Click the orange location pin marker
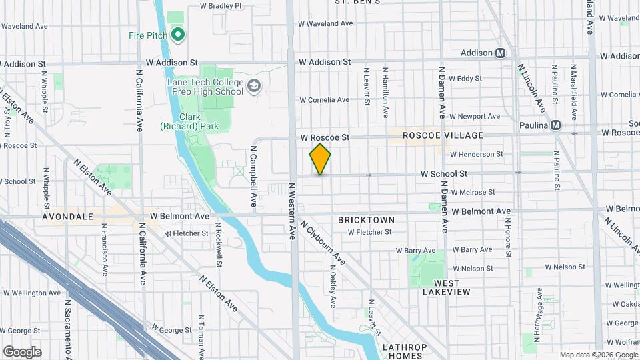pyautogui.click(x=320, y=159)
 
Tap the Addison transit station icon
pyautogui.click(x=500, y=53)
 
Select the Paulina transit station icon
pyautogui.click(x=555, y=125)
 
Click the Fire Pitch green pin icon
pyautogui.click(x=177, y=35)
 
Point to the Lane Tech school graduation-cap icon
pyautogui.click(x=253, y=85)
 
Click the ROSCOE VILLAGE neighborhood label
pyautogui.click(x=443, y=135)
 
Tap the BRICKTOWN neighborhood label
pyautogui.click(x=366, y=220)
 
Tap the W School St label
pyautogui.click(x=443, y=173)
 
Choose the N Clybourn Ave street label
pyautogui.click(x=322, y=243)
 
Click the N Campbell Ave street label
pyautogui.click(x=254, y=176)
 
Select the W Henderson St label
pyautogui.click(x=476, y=155)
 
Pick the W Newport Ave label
pyautogui.click(x=474, y=116)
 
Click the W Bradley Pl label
pyautogui.click(x=223, y=6)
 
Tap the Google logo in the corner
pyautogui.click(x=22, y=352)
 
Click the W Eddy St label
pyautogui.click(x=465, y=79)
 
